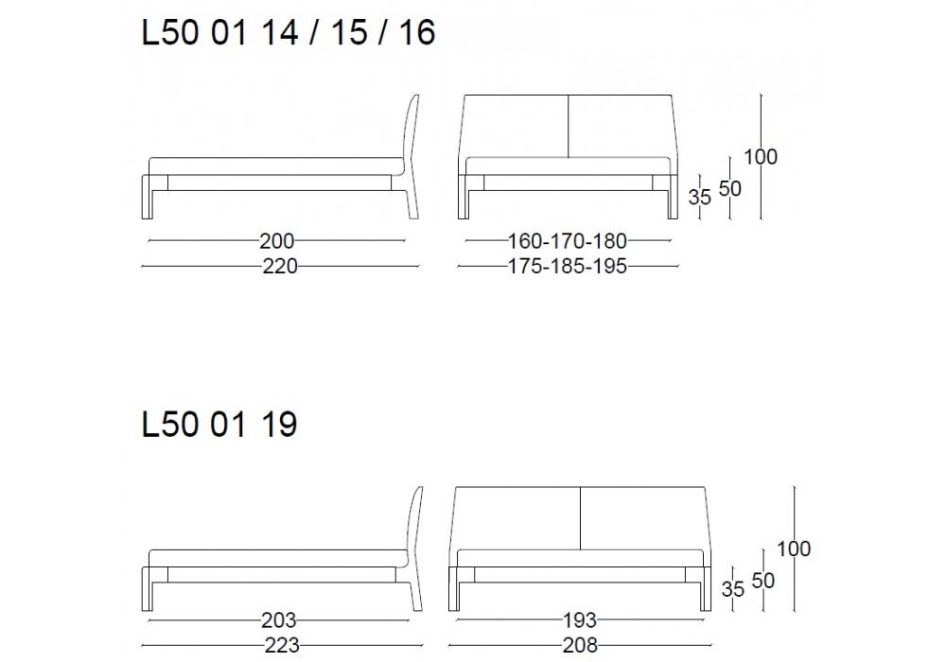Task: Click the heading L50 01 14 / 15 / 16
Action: click(x=288, y=32)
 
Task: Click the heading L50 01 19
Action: click(x=219, y=424)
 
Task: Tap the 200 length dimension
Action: click(x=277, y=241)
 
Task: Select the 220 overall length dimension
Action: click(x=280, y=266)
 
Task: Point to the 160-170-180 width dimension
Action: click(x=568, y=241)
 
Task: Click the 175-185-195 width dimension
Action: click(x=568, y=266)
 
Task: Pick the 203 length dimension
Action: click(x=279, y=619)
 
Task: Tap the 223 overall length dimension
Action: click(x=282, y=645)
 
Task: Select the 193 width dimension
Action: click(x=580, y=619)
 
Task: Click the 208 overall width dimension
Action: click(x=580, y=645)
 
